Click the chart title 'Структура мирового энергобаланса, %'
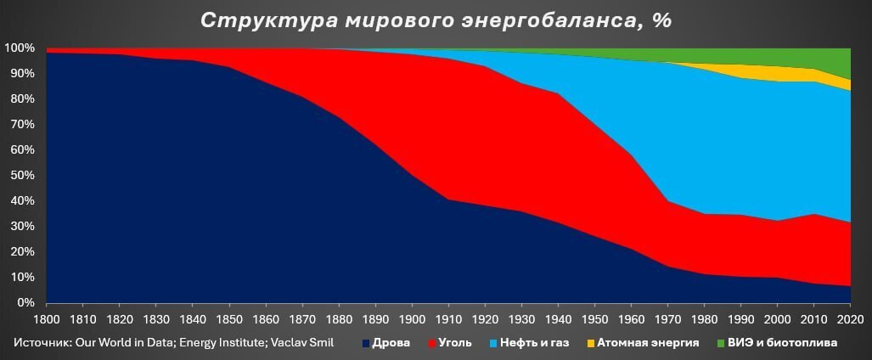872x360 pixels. click(x=436, y=20)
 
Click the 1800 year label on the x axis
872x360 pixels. click(x=46, y=321)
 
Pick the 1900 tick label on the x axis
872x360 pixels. click(x=412, y=321)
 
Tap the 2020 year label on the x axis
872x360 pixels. click(x=850, y=321)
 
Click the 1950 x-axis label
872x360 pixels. click(x=594, y=321)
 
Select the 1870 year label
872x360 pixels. click(x=302, y=321)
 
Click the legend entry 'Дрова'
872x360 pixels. click(x=386, y=343)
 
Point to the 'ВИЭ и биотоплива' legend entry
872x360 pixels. click(x=775, y=343)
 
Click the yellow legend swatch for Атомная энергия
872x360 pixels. click(x=591, y=343)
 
